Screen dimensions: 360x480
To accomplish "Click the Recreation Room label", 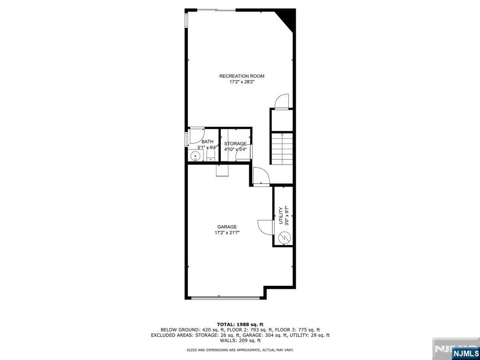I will point(242,76).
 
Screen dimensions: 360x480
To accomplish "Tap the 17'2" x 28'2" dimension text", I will point(242,82).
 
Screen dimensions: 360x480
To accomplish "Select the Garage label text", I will point(227,227).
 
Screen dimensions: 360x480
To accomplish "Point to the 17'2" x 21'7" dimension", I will point(227,232).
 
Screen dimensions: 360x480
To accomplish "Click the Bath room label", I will point(207,142).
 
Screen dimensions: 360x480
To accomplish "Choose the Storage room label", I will point(235,143).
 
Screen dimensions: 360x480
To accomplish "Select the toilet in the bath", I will point(210,156).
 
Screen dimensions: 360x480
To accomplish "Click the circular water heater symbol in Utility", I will point(284,239).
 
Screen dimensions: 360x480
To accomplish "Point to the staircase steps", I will point(282,149).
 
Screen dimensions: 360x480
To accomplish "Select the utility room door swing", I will point(265,226).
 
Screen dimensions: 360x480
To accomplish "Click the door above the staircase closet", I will point(282,101).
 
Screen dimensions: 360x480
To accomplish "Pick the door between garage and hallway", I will point(260,177).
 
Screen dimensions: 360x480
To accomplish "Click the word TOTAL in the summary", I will point(226,324).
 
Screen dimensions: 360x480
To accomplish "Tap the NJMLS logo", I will point(465,352).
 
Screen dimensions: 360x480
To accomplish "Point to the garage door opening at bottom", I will point(225,297).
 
